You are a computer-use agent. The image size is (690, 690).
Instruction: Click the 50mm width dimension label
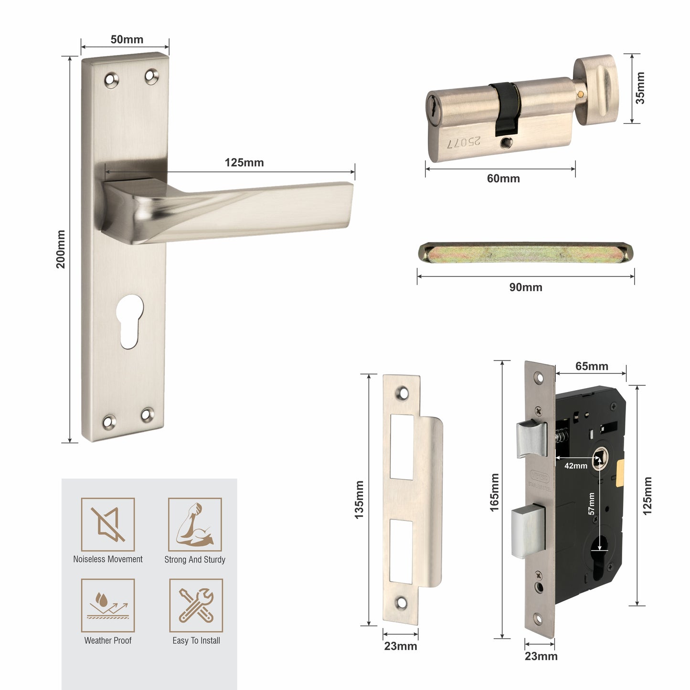click(127, 40)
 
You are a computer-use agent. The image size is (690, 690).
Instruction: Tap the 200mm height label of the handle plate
click(61, 249)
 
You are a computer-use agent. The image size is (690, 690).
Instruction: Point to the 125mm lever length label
click(244, 163)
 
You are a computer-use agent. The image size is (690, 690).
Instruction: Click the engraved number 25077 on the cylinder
click(464, 142)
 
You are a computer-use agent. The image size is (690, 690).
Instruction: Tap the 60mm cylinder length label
click(503, 179)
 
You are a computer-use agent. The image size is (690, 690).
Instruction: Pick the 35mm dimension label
click(640, 88)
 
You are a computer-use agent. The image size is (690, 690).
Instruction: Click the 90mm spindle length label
click(525, 287)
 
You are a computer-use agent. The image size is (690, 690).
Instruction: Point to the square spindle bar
click(525, 252)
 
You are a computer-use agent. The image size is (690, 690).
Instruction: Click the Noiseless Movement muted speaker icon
click(108, 524)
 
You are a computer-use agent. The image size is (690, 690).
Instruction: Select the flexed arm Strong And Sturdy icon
click(195, 524)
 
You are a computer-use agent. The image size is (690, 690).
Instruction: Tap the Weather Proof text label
click(108, 641)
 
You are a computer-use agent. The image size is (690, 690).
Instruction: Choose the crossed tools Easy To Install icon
click(196, 605)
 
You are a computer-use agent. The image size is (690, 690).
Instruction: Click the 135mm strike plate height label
click(359, 499)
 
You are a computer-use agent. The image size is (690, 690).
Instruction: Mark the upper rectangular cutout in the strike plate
click(402, 447)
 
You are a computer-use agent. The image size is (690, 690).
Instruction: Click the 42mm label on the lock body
click(575, 466)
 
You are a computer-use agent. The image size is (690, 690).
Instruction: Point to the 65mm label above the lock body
click(592, 366)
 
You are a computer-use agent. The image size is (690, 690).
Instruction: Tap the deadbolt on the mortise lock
click(528, 532)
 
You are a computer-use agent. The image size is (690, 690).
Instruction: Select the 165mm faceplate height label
click(494, 492)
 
